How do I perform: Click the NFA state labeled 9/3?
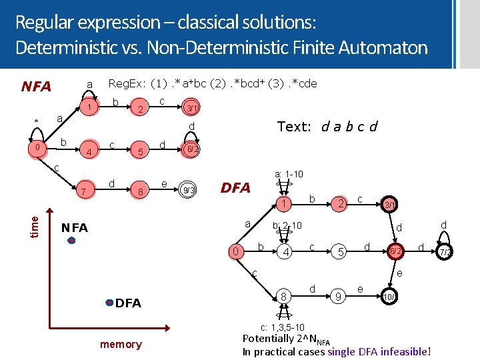189,191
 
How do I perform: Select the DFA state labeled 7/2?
446,252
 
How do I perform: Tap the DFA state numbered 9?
339,295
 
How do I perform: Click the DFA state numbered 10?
388,295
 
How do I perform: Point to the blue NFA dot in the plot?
71,242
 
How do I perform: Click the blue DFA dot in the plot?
110,303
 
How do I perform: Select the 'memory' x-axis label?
121,344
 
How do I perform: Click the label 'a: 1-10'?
289,175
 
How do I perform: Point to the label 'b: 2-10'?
287,226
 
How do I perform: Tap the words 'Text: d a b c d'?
327,126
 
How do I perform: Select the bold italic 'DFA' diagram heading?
235,189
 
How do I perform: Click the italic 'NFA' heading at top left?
36,87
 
